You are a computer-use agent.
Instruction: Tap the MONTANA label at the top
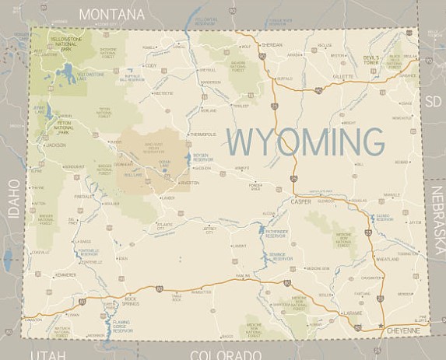point(111,14)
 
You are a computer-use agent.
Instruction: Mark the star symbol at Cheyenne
point(381,323)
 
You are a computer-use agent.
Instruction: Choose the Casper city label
point(300,201)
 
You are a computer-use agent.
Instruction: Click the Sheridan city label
point(272,45)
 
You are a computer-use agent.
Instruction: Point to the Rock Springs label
point(125,300)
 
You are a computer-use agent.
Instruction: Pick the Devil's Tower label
point(370,60)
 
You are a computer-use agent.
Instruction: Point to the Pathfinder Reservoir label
point(276,232)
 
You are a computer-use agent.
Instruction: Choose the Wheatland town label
point(387,259)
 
